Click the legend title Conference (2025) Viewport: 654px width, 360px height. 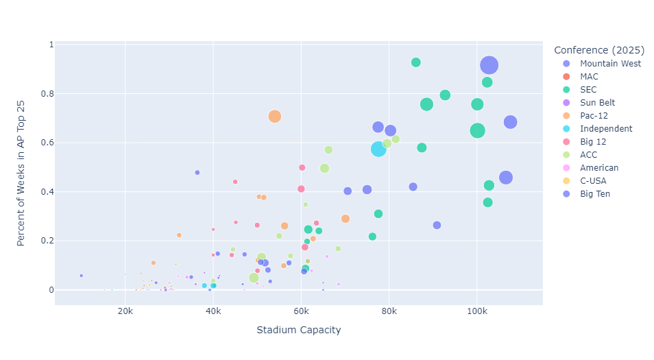click(x=598, y=50)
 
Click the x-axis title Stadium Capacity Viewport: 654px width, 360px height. click(x=298, y=331)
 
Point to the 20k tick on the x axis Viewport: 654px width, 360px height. click(x=125, y=312)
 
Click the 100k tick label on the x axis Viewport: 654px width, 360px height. click(x=476, y=312)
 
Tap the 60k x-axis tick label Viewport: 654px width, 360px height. click(x=301, y=312)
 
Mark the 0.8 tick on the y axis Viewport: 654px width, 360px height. click(x=47, y=93)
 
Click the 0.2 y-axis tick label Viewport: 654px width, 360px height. click(x=47, y=241)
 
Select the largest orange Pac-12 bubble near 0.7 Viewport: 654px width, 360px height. click(x=275, y=117)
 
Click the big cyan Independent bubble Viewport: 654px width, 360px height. click(x=379, y=149)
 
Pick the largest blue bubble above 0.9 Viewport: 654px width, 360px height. click(x=489, y=65)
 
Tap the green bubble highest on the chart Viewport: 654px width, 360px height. click(x=415, y=62)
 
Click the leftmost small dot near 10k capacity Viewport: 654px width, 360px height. click(x=81, y=276)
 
